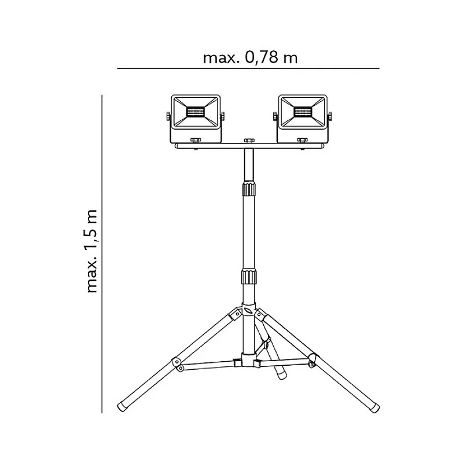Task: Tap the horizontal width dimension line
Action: click(x=248, y=68)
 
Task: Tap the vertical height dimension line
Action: click(x=102, y=253)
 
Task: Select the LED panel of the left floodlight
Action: click(x=196, y=112)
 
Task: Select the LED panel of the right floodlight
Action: click(x=303, y=112)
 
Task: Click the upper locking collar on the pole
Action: click(x=249, y=189)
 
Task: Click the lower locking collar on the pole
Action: click(x=249, y=276)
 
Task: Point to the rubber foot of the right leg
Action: click(x=374, y=407)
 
